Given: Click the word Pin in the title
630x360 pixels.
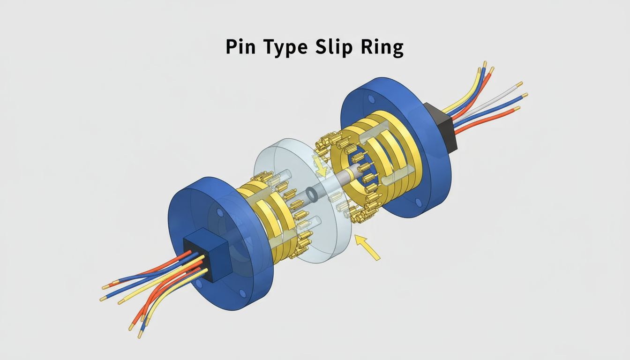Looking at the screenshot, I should point(239,48).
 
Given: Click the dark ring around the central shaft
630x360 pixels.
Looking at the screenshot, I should point(311,193).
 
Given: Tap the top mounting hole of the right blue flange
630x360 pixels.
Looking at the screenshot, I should point(371,99).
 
